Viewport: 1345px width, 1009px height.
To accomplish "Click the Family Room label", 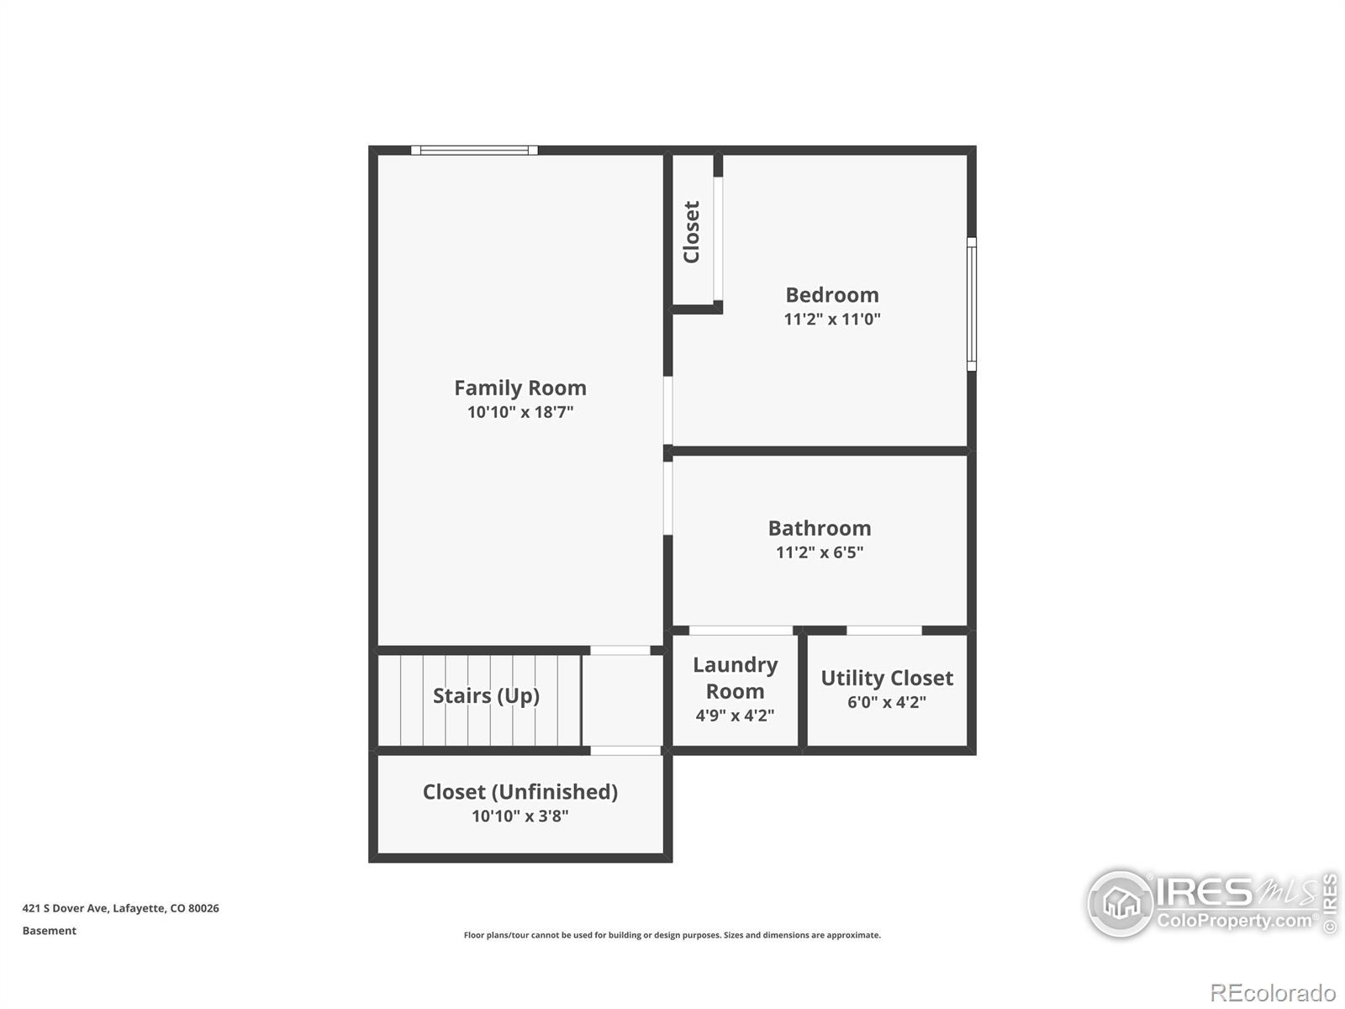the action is point(520,388).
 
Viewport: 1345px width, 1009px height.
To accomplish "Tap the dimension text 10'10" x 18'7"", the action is point(520,412).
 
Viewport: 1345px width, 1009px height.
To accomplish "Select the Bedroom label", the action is point(832,294).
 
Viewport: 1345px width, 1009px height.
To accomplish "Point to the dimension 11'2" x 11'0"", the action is point(832,319).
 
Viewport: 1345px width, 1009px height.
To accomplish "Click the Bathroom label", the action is point(820,528).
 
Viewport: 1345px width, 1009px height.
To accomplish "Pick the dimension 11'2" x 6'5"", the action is point(820,552).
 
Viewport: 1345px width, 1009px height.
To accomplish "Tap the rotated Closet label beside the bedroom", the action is point(692,232).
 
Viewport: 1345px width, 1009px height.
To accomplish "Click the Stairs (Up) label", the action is point(486,696).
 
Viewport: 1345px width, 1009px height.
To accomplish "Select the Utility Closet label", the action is point(887,678).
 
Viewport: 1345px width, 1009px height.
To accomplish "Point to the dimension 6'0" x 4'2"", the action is point(887,702).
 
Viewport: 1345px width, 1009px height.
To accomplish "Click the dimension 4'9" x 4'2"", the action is point(735,715).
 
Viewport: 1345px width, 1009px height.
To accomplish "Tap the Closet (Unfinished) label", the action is point(520,792).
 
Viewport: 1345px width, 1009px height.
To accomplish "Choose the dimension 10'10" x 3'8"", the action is point(520,816).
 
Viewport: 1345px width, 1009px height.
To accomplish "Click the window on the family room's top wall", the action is point(474,151).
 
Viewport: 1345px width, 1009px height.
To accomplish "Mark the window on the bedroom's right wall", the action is point(971,304).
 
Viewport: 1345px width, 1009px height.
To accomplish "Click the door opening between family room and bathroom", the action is point(668,498).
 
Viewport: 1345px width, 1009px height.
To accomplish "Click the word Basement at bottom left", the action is point(49,931).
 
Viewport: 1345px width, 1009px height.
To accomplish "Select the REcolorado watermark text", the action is point(1273,992).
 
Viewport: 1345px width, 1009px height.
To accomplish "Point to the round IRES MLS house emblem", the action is point(1121,904).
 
